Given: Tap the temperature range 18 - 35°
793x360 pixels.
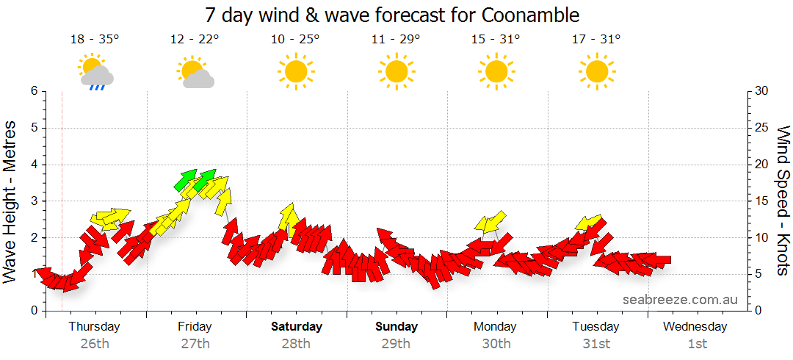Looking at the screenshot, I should [95, 40].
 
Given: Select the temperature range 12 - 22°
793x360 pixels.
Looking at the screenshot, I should [195, 40].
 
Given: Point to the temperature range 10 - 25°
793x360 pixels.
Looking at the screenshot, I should [295, 40].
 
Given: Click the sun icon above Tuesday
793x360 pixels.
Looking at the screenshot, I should [595, 71].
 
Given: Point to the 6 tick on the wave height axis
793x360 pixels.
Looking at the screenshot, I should [33, 91].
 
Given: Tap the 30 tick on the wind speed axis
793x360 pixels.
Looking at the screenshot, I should [763, 91].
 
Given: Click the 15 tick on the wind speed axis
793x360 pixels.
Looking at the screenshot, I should [763, 201].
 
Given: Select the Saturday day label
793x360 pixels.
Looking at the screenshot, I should [296, 327].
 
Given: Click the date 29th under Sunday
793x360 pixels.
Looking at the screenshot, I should [396, 343].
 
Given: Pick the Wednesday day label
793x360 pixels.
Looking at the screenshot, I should [695, 327].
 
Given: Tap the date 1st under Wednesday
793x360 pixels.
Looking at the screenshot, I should [697, 343].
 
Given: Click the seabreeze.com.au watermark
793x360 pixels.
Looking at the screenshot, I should [680, 300].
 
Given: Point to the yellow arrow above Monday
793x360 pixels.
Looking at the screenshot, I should [490, 221].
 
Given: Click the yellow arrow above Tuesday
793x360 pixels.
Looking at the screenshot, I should [588, 223].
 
